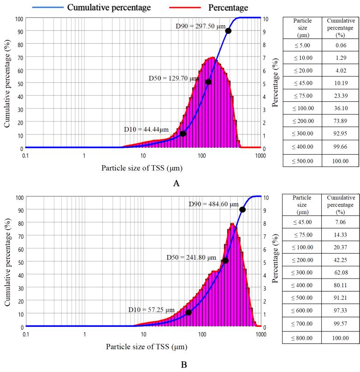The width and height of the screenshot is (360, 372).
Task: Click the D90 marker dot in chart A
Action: (228, 31)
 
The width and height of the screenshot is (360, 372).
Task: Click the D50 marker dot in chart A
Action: (208, 82)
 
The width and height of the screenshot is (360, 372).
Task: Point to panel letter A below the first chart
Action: (176, 183)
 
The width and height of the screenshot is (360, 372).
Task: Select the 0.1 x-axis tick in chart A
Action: (26, 156)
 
